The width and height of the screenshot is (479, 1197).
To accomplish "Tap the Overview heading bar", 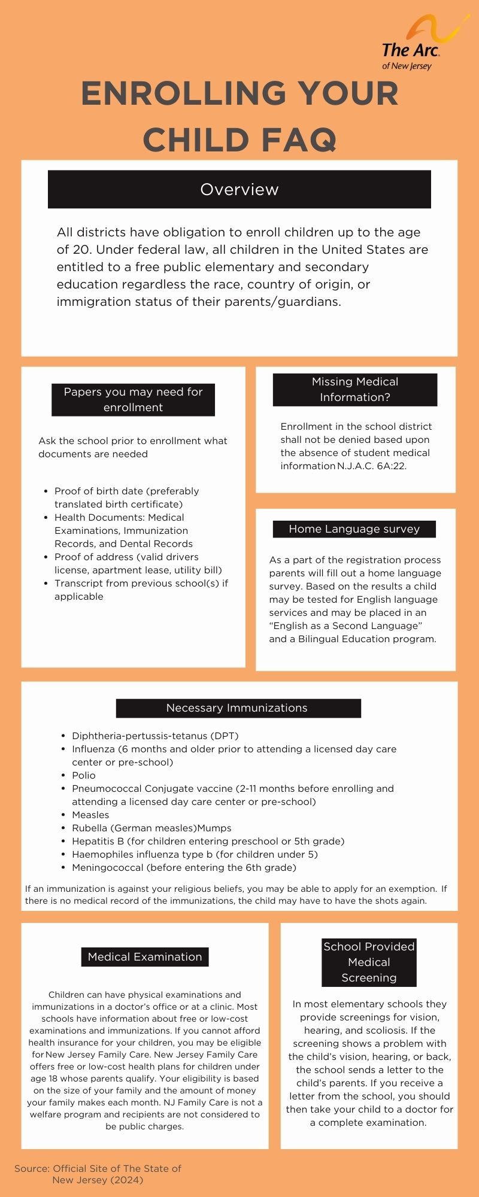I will (239, 189).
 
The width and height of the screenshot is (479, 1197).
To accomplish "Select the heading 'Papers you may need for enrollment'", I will (133, 399).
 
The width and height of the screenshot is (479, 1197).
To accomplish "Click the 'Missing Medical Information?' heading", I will (355, 389).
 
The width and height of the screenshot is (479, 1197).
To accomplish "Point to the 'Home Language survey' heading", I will (354, 529).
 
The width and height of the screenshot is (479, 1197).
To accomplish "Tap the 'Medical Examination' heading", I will (145, 956).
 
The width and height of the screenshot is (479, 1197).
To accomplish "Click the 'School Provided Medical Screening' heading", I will (369, 962).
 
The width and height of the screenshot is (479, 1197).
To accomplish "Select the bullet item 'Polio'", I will (84, 775).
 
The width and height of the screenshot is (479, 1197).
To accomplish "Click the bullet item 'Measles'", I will (90, 815).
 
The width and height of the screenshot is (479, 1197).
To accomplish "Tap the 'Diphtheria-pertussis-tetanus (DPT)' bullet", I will (155, 736).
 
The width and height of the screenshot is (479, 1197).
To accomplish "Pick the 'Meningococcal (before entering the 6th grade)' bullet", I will (184, 867).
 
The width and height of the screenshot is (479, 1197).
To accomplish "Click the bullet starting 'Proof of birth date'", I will (126, 497).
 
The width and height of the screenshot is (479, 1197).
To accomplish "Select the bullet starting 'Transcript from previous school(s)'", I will (141, 590).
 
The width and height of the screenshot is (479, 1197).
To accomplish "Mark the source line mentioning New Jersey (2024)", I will (98, 1174).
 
